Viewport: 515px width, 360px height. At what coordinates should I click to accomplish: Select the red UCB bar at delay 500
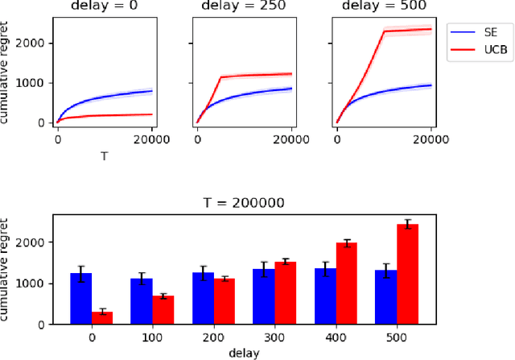pos(409,274)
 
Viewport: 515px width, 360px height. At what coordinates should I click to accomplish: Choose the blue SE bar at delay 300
pos(263,296)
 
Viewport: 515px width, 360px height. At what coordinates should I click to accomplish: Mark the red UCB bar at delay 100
pos(163,309)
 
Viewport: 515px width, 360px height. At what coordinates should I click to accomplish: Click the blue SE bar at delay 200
pos(203,298)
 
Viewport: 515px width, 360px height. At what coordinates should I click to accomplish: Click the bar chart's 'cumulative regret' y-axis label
pos(10,270)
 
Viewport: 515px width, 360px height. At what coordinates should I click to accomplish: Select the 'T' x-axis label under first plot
pos(104,156)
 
